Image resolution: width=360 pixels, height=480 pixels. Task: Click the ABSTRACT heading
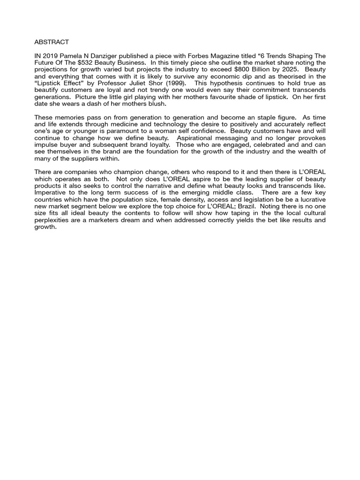point(52,42)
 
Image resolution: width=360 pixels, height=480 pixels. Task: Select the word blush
point(156,104)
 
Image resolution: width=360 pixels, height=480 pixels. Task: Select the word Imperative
point(52,193)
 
